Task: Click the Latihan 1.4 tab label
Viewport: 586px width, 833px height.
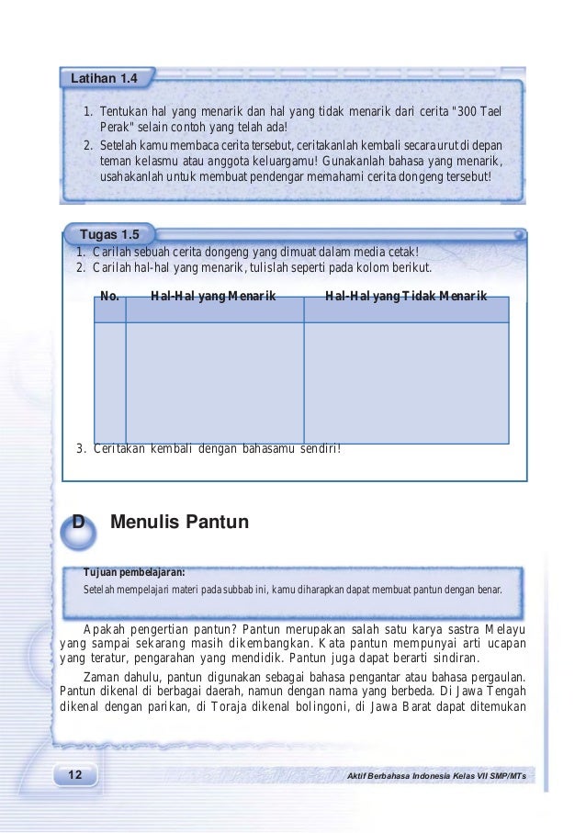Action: click(105, 79)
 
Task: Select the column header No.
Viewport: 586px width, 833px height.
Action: click(110, 297)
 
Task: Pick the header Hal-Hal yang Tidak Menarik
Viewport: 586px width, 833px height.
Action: click(406, 297)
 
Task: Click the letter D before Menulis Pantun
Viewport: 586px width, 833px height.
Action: click(78, 523)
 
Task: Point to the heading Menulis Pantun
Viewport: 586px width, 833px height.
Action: click(179, 523)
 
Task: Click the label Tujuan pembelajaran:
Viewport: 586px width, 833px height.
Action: click(134, 570)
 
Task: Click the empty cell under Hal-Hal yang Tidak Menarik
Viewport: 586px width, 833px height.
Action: click(406, 382)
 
